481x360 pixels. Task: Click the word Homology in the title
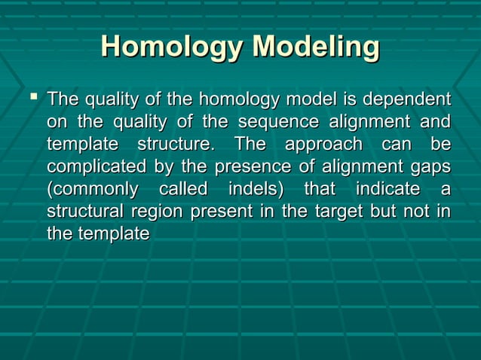[171, 47]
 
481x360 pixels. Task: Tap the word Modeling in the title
[315, 47]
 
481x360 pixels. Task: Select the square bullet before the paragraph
[31, 98]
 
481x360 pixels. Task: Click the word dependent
[407, 99]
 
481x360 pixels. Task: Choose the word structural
[84, 212]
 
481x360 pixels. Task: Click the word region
[158, 212]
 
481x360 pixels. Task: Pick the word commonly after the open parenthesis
[93, 189]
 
